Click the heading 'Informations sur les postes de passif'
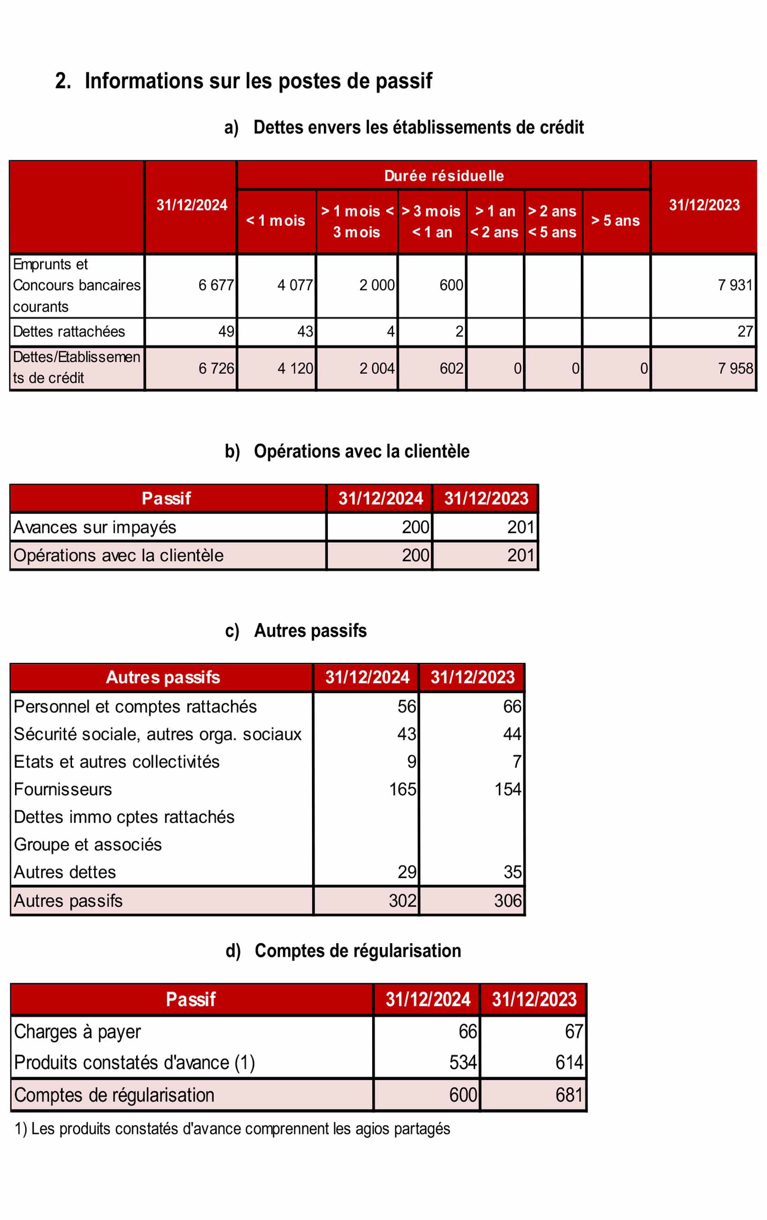[258, 81]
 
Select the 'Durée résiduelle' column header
[444, 176]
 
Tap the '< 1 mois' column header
[276, 221]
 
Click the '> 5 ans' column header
[615, 221]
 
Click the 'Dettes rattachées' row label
[69, 332]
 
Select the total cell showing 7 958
[735, 368]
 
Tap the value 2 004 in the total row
[377, 368]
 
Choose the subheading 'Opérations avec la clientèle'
[362, 452]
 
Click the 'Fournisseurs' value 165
[403, 789]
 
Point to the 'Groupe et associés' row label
[88, 844]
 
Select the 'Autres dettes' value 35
[512, 872]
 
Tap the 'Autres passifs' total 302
[403, 900]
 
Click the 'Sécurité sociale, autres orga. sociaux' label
[158, 734]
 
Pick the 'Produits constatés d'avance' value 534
[463, 1062]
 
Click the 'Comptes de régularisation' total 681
[569, 1095]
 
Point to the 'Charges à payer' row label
[77, 1032]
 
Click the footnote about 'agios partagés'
[233, 1129]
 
